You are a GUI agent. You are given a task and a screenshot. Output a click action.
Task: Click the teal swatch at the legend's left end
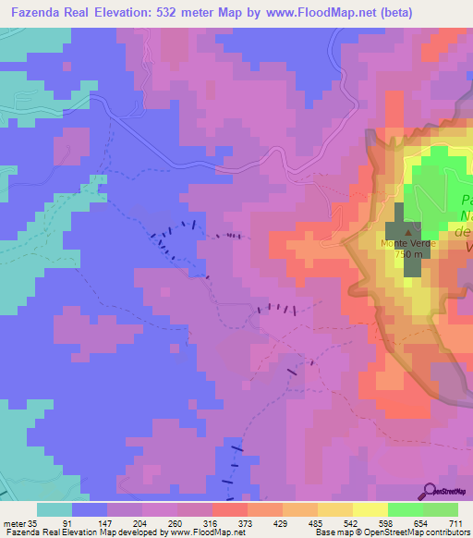click(x=55, y=509)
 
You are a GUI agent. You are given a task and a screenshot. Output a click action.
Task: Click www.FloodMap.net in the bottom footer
click(x=197, y=532)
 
